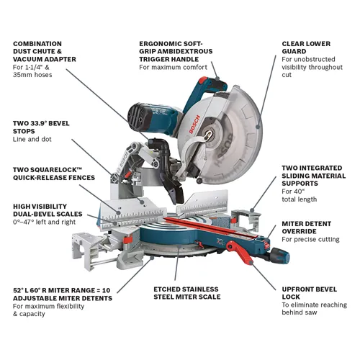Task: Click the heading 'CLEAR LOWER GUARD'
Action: tap(306, 49)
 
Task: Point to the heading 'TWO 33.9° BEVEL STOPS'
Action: tap(42, 128)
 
